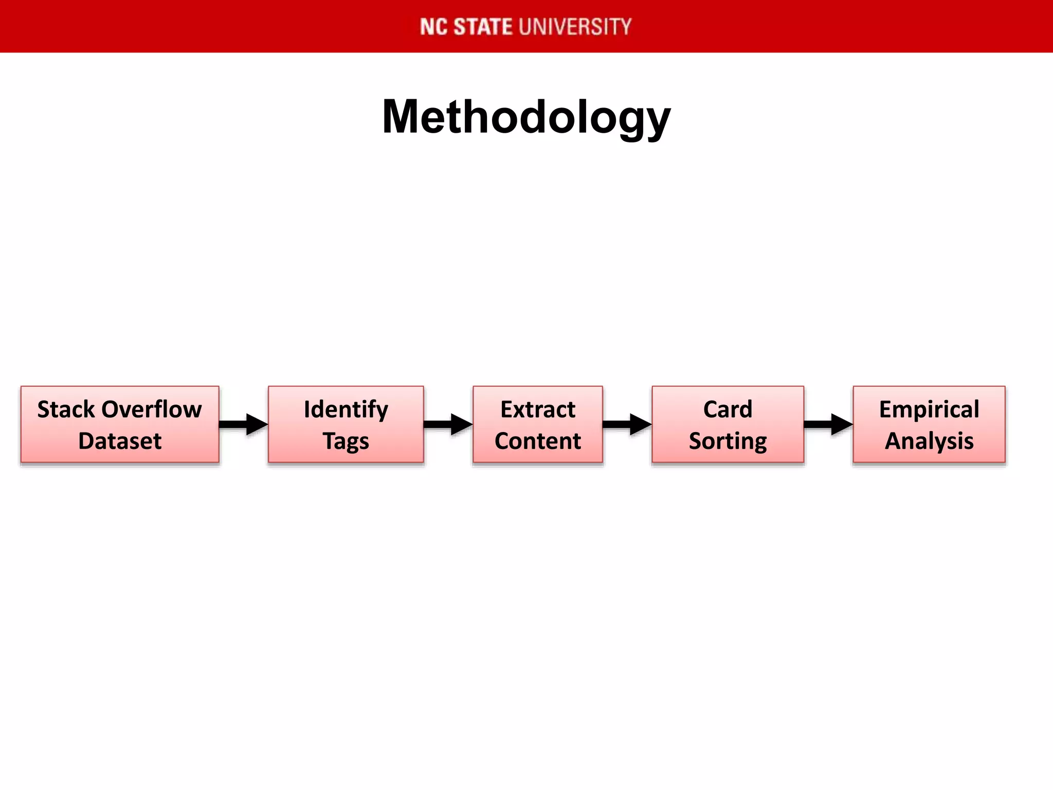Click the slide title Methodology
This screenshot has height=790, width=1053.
point(526,117)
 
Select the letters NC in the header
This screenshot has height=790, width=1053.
point(434,27)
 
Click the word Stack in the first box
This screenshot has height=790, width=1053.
point(66,409)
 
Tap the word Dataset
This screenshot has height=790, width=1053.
point(120,441)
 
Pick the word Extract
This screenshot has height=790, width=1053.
point(538,409)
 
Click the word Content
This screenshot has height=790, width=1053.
point(538,441)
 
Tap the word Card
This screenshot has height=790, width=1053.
point(728,409)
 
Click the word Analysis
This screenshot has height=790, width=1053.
point(929,441)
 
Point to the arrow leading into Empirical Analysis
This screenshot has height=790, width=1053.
point(828,424)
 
